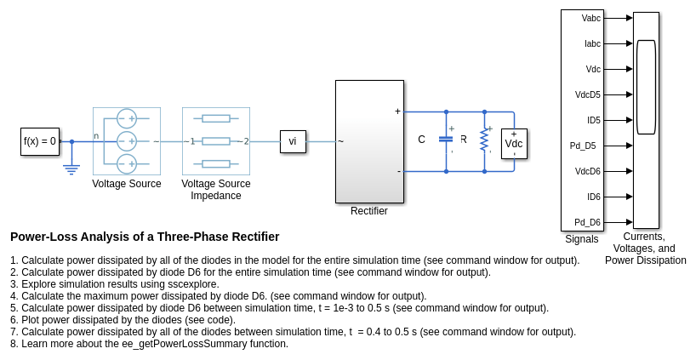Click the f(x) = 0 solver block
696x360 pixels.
pos(40,141)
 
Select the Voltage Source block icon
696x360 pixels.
pos(126,141)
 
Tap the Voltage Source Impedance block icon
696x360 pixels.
pos(216,141)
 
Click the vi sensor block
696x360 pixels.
pos(293,141)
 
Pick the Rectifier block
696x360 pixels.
pos(369,141)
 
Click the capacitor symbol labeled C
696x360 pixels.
pos(446,139)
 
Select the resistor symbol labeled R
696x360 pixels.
pos(484,140)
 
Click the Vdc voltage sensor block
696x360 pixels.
pos(514,143)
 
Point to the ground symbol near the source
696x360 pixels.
pos(71,169)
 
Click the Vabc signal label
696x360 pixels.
pos(590,18)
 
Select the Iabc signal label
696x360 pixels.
pos(592,43)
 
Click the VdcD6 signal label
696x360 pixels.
pos(587,171)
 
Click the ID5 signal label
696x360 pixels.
pos(593,120)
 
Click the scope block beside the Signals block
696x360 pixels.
pos(646,120)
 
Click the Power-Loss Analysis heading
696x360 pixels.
pos(145,237)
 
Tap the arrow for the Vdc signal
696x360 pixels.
pos(629,69)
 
